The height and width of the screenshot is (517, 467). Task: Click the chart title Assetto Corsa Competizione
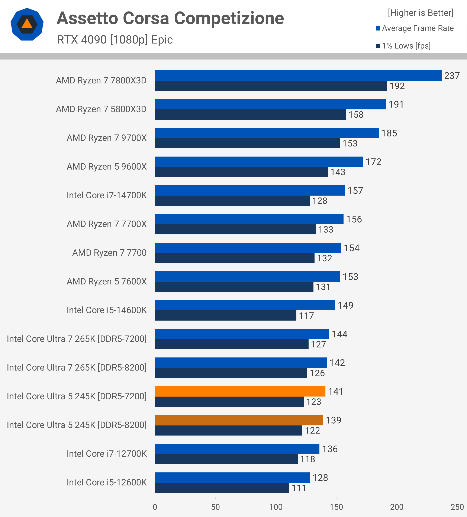point(170,19)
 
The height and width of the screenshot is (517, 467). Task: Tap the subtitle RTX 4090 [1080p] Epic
point(115,40)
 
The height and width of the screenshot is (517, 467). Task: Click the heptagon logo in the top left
point(27,24)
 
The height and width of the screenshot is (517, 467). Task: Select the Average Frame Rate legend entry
point(415,28)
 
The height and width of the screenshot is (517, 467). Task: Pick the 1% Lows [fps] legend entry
point(403,46)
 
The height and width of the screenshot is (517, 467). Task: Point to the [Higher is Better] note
point(421,13)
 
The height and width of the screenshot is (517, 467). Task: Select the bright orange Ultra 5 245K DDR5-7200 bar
point(240,391)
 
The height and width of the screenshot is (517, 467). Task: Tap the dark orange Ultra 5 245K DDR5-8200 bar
point(239,420)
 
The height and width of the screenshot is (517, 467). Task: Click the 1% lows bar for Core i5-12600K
point(222,488)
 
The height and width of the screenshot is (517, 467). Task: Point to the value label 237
point(452,76)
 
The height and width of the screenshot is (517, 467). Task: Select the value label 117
point(306,316)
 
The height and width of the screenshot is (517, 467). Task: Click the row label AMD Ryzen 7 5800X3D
point(101,109)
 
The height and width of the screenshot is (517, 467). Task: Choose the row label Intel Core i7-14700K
point(107,195)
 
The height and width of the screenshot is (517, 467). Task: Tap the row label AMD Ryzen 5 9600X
point(107,167)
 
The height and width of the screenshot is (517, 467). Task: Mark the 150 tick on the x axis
point(336,507)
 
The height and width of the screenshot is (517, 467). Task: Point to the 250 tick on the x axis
point(457,507)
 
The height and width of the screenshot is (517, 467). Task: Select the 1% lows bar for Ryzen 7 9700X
point(248,143)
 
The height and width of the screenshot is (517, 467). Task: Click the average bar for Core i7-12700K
point(237,449)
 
